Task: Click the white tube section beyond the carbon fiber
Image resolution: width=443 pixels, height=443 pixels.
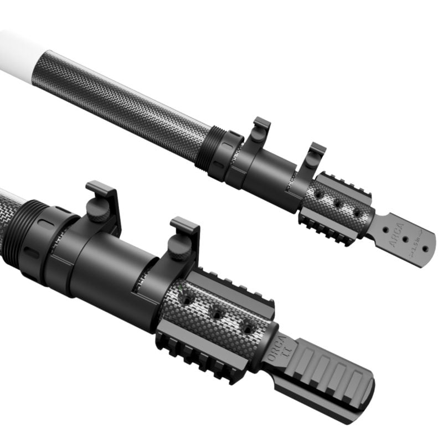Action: [x=17, y=50]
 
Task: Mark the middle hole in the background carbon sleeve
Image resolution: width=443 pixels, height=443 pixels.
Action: [x=337, y=204]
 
